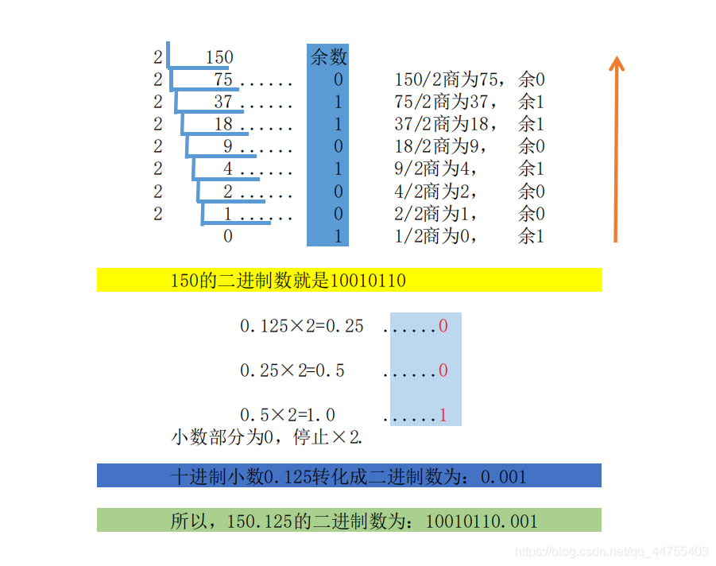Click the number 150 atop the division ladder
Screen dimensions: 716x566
pos(219,57)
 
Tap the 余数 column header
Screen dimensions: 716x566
pos(327,56)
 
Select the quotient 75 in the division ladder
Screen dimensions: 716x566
pos(223,80)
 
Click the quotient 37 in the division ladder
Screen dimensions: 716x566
pos(223,103)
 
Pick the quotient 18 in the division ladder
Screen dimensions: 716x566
pos(223,125)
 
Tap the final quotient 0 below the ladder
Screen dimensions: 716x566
pos(228,236)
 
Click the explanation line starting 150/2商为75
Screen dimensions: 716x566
pos(469,80)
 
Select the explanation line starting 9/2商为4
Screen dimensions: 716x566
pos(469,169)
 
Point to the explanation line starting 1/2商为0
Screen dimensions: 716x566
pos(469,236)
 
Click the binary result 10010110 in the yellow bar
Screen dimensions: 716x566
pos(367,281)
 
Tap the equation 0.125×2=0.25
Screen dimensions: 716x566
pos(302,326)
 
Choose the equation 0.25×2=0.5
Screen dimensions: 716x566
pos(292,370)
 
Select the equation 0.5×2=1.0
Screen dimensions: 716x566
pos(288,415)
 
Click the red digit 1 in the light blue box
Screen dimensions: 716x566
pos(443,415)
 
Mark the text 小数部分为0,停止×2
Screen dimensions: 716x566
pos(268,437)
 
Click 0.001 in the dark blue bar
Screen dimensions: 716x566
pos(504,477)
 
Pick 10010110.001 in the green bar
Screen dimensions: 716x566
pos(482,521)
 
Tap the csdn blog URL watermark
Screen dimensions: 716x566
pos(612,552)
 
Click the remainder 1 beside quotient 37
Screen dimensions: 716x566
pos(338,103)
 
